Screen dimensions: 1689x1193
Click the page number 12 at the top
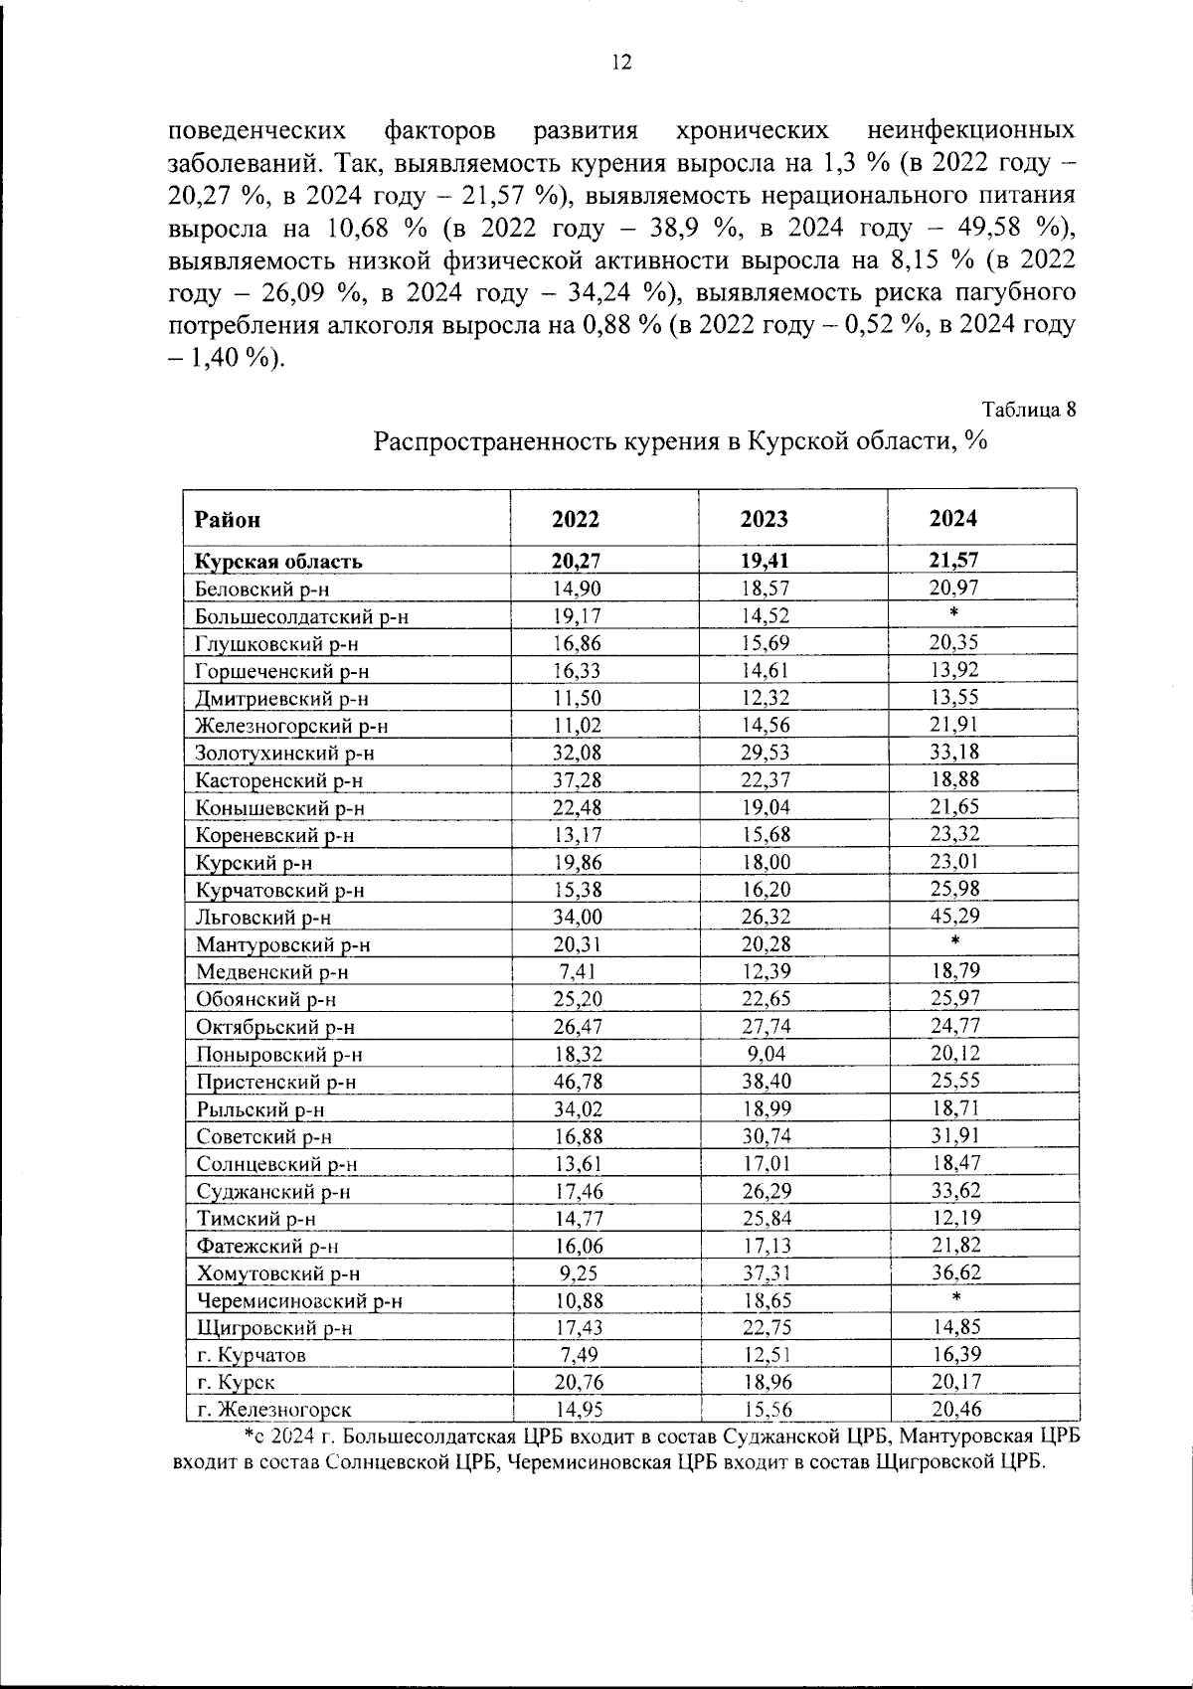(x=620, y=63)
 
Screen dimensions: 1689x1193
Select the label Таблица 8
(x=1028, y=410)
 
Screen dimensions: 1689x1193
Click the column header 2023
(x=765, y=519)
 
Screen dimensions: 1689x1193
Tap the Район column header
(x=228, y=519)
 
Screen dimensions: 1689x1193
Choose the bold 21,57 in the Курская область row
(x=953, y=560)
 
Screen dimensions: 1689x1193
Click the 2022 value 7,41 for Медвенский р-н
(x=577, y=971)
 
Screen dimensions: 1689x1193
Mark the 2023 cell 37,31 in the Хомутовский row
(x=765, y=1272)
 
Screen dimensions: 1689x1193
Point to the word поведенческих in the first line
(x=257, y=131)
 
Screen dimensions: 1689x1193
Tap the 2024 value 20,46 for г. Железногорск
(x=954, y=1409)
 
